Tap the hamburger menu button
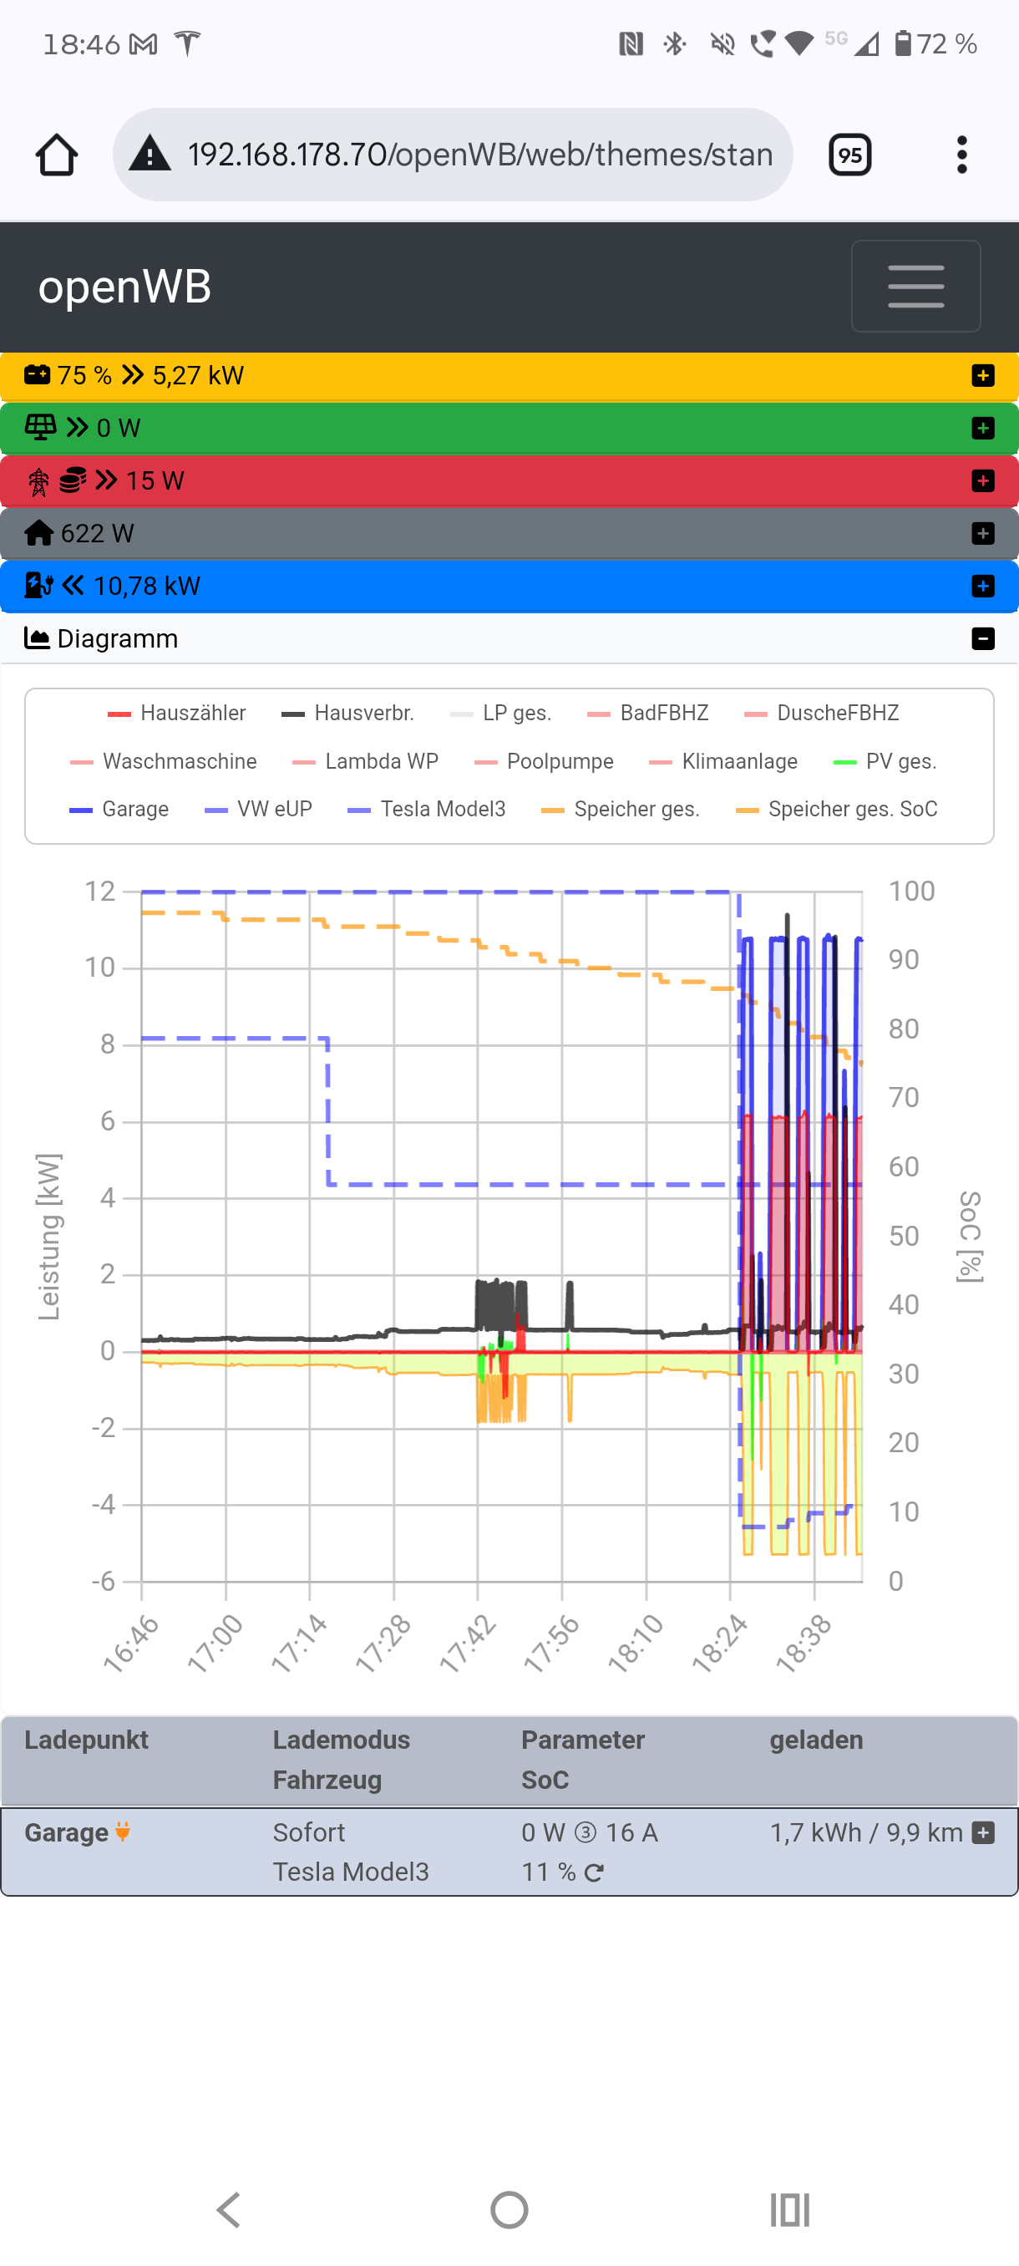[x=915, y=286]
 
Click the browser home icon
[x=56, y=155]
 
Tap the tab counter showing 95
[x=849, y=155]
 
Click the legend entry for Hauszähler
[x=177, y=714]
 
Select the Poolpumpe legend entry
[x=545, y=762]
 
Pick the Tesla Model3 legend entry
[x=427, y=810]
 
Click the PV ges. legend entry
[x=885, y=762]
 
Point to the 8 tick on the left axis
[x=107, y=1044]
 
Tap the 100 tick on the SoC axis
[x=911, y=891]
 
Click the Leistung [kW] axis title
[x=49, y=1237]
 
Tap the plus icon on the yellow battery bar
[x=983, y=376]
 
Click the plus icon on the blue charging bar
[x=983, y=586]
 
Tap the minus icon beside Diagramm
[x=983, y=638]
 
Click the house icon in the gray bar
[x=38, y=533]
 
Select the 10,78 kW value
[x=147, y=586]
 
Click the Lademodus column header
[x=341, y=1740]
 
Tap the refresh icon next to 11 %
[x=595, y=1872]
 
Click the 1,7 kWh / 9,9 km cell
[x=866, y=1833]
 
